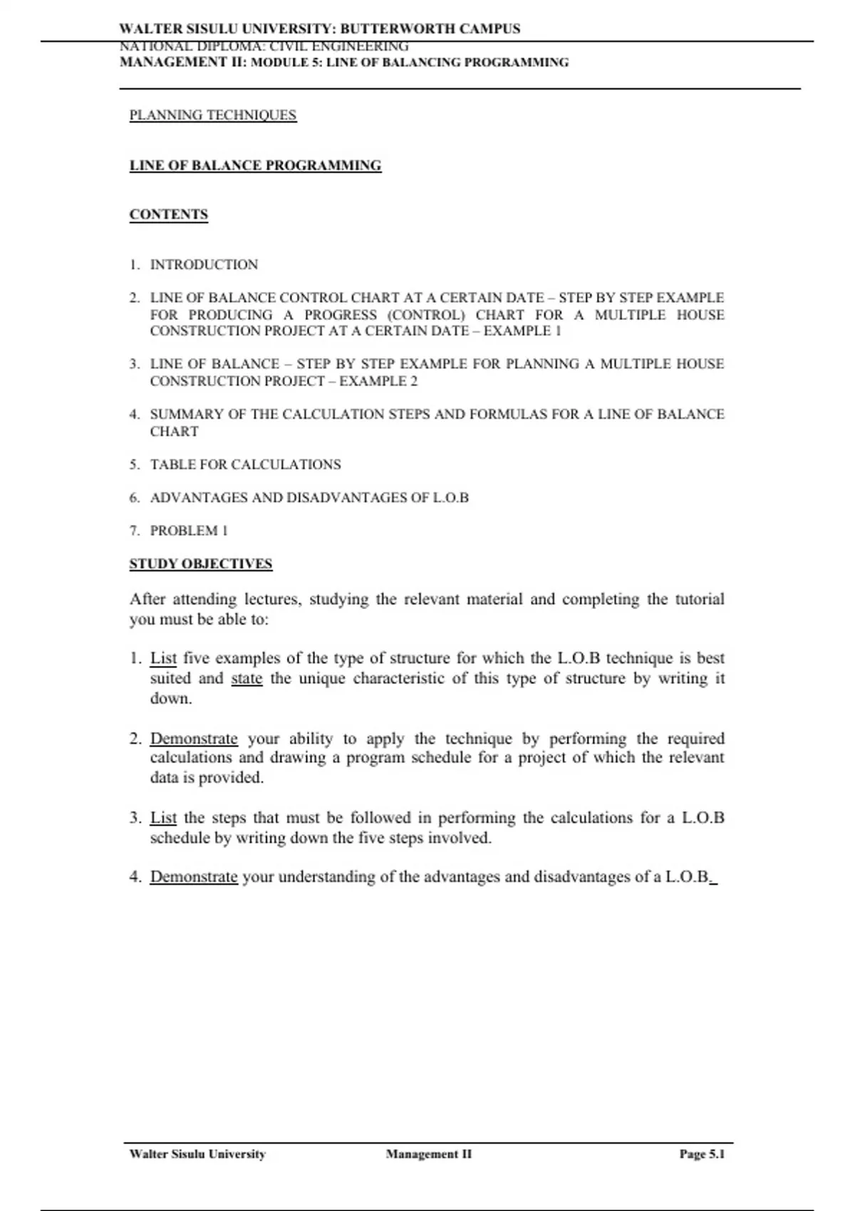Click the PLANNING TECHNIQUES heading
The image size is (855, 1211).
[212, 115]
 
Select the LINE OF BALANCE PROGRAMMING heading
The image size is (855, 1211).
[255, 166]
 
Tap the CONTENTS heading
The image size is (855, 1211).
[169, 214]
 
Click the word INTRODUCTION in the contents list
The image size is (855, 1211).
[204, 265]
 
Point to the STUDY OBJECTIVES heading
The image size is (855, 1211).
[201, 564]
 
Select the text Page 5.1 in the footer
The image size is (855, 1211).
[702, 1154]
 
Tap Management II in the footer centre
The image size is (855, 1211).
[429, 1154]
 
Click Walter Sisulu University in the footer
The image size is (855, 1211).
[197, 1154]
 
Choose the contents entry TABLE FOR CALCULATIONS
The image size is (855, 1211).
[245, 465]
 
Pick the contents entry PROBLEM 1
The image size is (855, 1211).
[189, 531]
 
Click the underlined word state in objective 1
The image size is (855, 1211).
[247, 679]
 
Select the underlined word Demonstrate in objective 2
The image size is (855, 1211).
[194, 739]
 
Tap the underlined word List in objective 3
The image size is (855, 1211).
[163, 818]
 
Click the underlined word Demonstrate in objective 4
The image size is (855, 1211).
[194, 877]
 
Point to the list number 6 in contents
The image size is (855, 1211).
[134, 498]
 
